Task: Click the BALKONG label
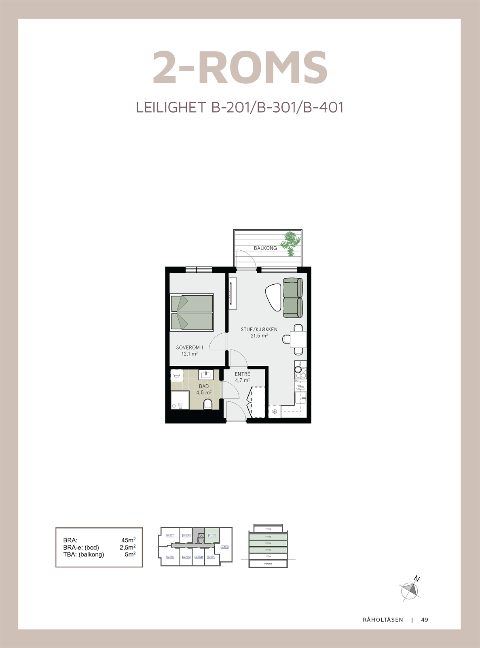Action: tap(265, 248)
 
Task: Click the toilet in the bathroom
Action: tap(208, 404)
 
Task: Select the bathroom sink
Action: tap(207, 375)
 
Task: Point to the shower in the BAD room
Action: tap(180, 400)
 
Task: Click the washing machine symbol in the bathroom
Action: tap(176, 375)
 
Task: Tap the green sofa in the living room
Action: tap(293, 298)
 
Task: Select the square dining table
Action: tap(298, 339)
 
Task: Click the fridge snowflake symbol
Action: tap(274, 412)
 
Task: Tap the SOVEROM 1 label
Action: tap(190, 347)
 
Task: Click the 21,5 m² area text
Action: tap(259, 336)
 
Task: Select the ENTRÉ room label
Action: tap(243, 374)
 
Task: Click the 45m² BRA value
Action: tap(128, 540)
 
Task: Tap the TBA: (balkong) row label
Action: tap(83, 554)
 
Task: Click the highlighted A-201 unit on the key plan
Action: tap(212, 535)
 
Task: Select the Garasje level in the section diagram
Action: tap(268, 563)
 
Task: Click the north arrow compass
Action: tap(410, 589)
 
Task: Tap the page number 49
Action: tap(424, 620)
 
